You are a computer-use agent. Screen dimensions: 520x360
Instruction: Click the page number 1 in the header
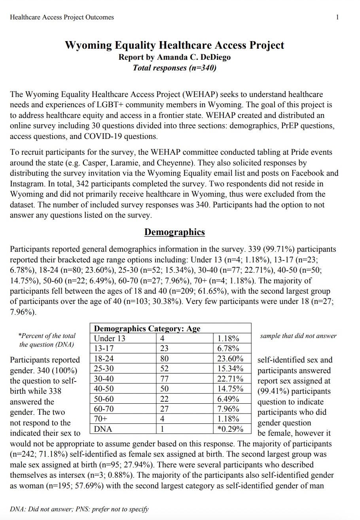(337, 17)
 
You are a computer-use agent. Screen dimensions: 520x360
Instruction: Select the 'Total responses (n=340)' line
(174, 68)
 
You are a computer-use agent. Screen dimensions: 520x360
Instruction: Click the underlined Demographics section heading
(174, 232)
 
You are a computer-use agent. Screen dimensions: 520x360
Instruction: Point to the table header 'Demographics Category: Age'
(147, 328)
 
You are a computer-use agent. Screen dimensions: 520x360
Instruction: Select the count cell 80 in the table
(164, 359)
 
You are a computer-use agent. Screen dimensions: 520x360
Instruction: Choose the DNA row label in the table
(103, 429)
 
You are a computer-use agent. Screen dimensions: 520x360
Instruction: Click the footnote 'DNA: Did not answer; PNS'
(79, 509)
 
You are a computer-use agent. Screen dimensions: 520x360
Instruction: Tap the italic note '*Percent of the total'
(47, 336)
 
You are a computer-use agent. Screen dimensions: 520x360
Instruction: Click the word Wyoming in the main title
(88, 45)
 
